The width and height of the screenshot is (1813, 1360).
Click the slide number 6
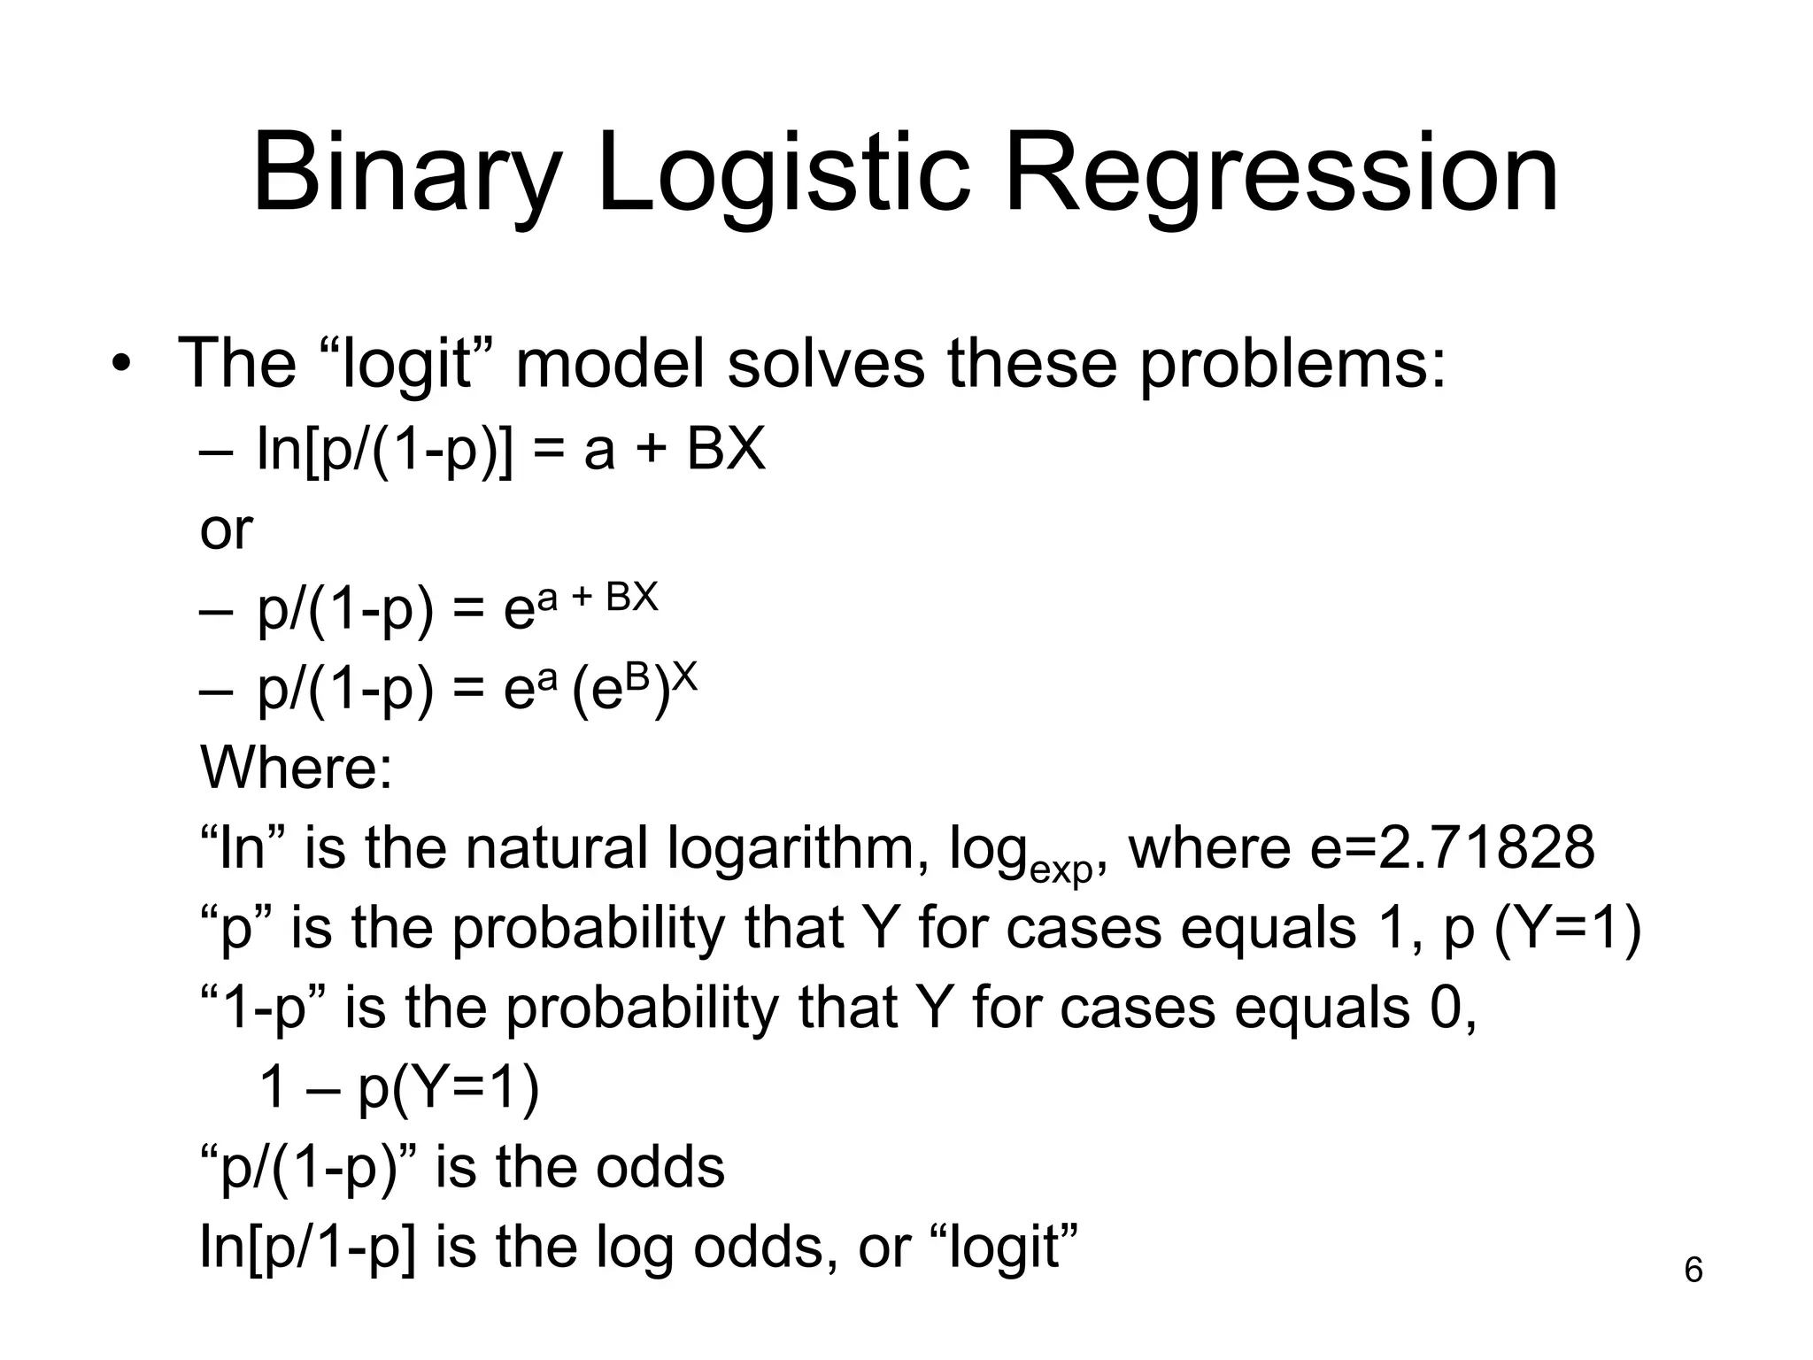tap(1693, 1270)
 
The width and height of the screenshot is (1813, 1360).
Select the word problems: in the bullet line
tap(1292, 365)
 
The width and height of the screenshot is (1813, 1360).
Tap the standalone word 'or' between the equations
tap(227, 530)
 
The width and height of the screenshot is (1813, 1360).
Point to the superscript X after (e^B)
tap(684, 678)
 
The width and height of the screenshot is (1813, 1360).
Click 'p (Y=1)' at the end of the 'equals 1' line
tap(1541, 928)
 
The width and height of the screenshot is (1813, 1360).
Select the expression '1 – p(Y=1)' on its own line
tap(398, 1087)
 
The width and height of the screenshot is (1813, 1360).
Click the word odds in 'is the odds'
tap(660, 1167)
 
